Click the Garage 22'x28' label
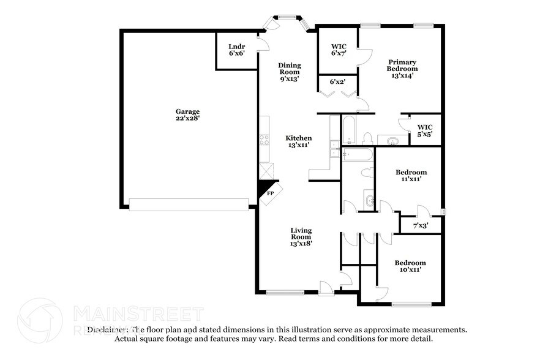(188, 114)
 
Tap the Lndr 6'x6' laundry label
(237, 50)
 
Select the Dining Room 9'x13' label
(289, 72)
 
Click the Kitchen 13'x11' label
(299, 141)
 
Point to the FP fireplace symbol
(270, 193)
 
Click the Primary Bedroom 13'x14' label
(402, 69)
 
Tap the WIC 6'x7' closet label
(339, 50)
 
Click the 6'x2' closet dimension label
(337, 81)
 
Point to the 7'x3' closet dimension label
(420, 226)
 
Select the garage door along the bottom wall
(192, 204)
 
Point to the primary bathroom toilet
(368, 138)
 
